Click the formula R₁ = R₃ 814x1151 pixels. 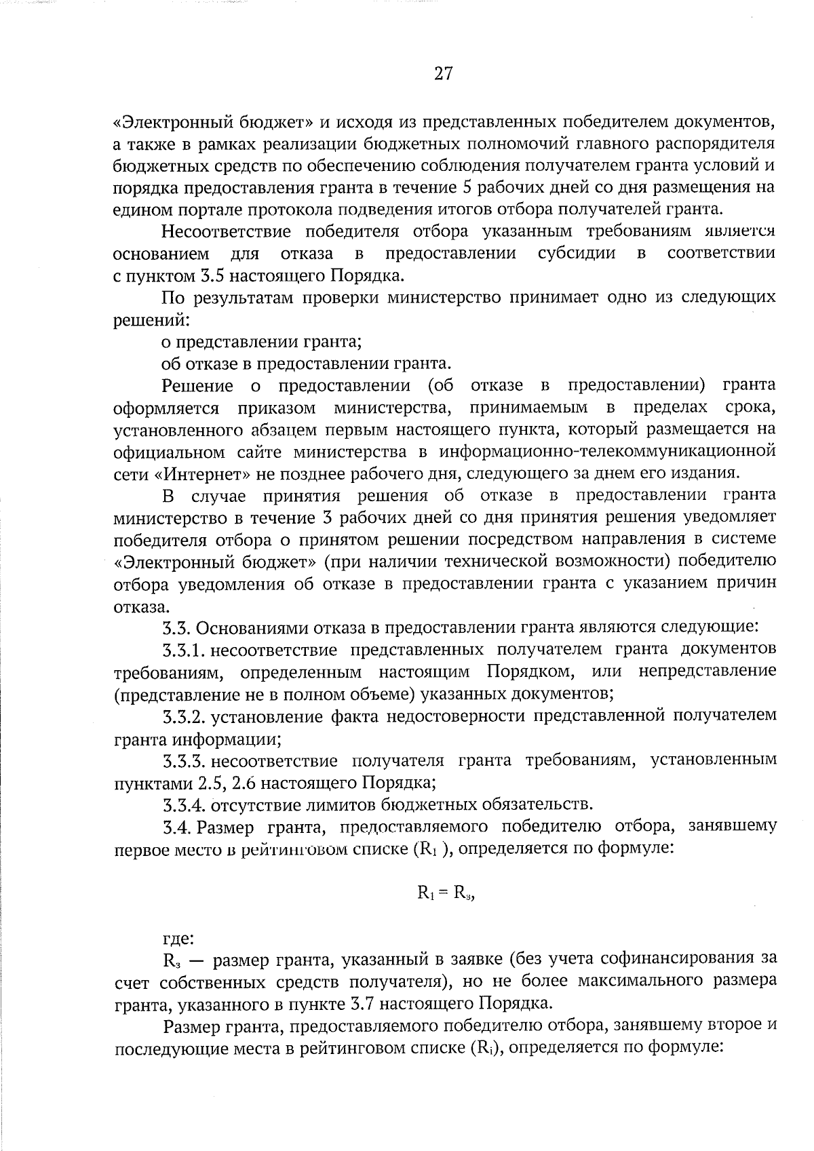point(445,893)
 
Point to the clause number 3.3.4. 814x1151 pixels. point(185,805)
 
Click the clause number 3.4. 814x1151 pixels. point(178,827)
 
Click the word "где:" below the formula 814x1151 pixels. point(178,939)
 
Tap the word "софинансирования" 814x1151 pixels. point(670,960)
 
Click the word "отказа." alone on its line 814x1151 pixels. point(139,606)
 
